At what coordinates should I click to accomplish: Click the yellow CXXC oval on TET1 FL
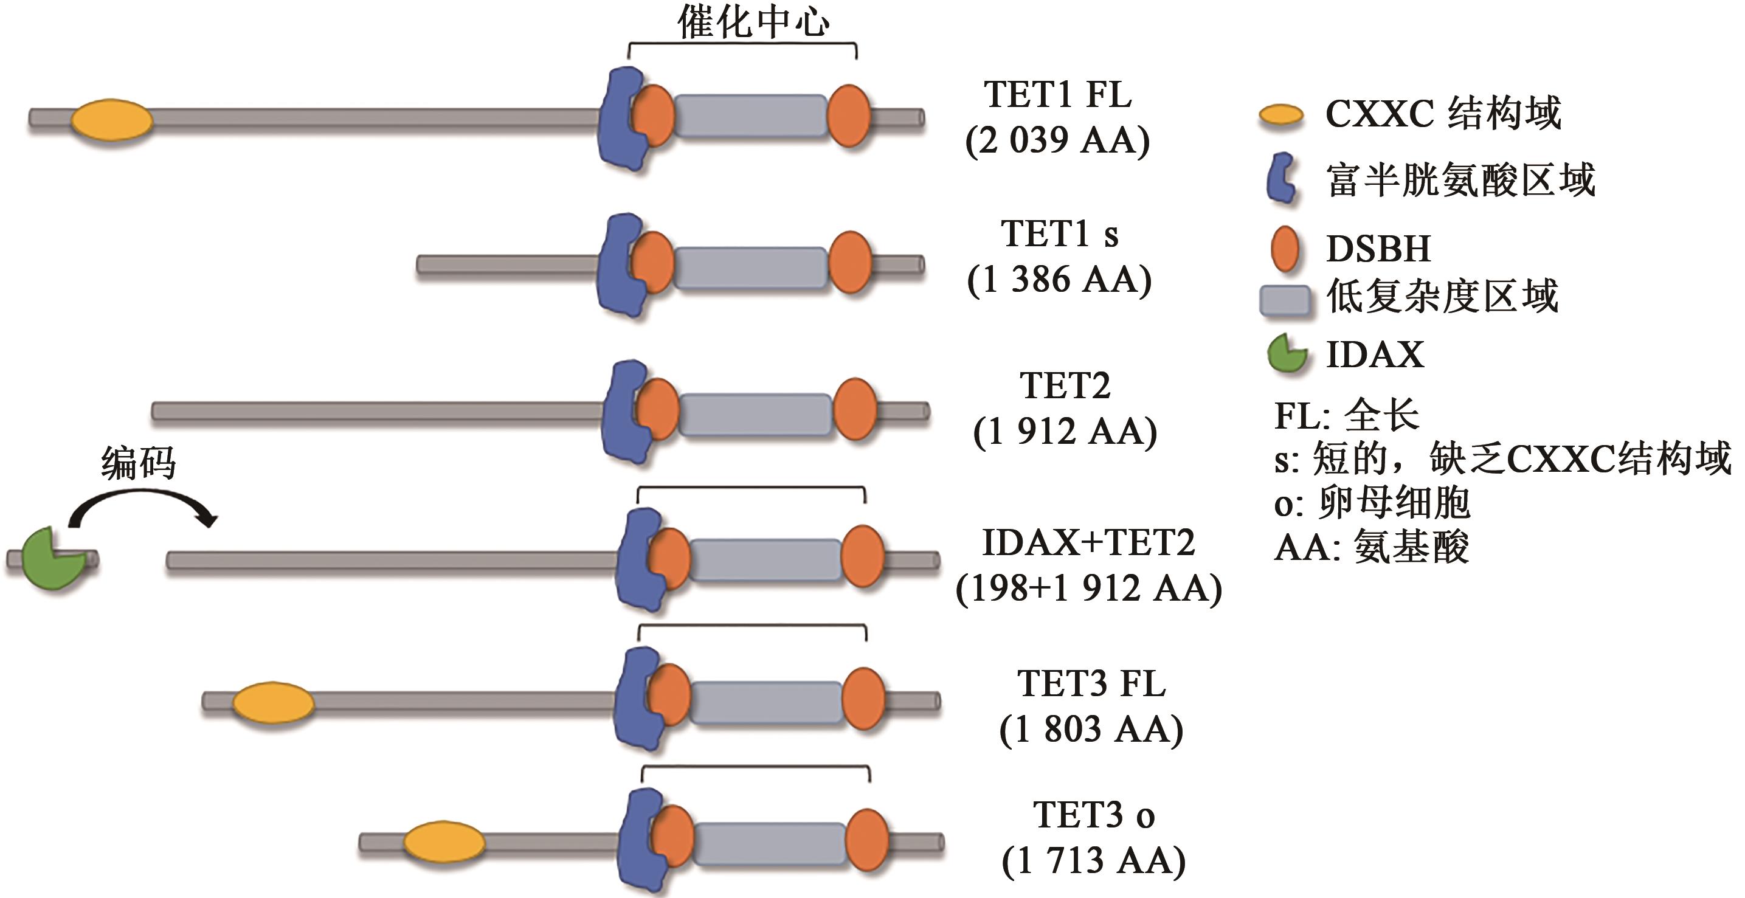[112, 120]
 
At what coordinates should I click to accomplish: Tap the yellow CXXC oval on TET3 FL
[273, 703]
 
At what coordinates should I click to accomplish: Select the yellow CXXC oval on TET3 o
[444, 843]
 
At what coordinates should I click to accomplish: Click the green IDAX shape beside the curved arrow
[51, 558]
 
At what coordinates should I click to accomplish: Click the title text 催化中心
[753, 22]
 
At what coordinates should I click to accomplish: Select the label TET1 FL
[1057, 95]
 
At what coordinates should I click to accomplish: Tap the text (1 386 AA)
[1059, 279]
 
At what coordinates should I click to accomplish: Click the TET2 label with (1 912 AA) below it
[1065, 386]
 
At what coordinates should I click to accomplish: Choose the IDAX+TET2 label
[1088, 543]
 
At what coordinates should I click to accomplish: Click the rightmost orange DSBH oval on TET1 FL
[849, 116]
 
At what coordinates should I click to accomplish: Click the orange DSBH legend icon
[1284, 249]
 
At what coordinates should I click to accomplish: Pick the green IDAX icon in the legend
[1286, 354]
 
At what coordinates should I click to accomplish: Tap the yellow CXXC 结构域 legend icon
[1281, 115]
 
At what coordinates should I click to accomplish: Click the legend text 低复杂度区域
[1442, 297]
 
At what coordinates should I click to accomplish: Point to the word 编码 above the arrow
[138, 463]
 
